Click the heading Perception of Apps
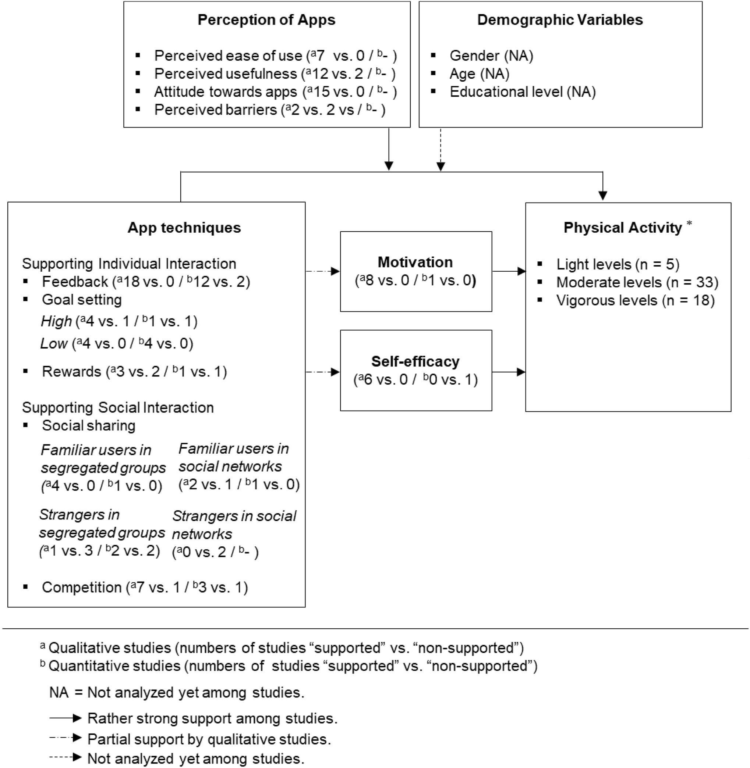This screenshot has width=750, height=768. click(x=266, y=20)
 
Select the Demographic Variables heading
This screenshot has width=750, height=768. click(x=560, y=20)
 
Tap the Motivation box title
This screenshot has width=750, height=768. click(x=415, y=262)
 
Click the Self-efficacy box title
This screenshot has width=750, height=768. click(x=415, y=361)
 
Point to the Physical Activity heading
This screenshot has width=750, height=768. click(x=622, y=228)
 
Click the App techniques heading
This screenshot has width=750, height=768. click(x=184, y=228)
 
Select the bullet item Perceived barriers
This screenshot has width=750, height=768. click(x=269, y=110)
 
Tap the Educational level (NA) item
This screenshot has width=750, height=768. click(x=522, y=92)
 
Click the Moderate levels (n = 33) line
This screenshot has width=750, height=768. click(x=637, y=282)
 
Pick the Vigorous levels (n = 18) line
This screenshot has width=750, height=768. click(x=635, y=300)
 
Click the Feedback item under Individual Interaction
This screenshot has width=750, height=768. click(x=146, y=281)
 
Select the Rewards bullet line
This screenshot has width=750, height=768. click(x=134, y=371)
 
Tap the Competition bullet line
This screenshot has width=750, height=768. click(x=145, y=587)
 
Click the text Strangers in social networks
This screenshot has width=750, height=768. click(x=234, y=525)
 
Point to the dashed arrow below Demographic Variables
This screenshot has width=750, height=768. click(x=441, y=150)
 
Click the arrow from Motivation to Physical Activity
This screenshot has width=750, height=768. click(x=509, y=271)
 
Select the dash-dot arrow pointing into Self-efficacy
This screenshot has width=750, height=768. click(x=323, y=372)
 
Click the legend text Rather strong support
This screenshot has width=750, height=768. click(x=212, y=718)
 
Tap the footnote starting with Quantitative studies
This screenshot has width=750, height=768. click(x=292, y=666)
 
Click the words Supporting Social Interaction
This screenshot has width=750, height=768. click(x=118, y=407)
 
